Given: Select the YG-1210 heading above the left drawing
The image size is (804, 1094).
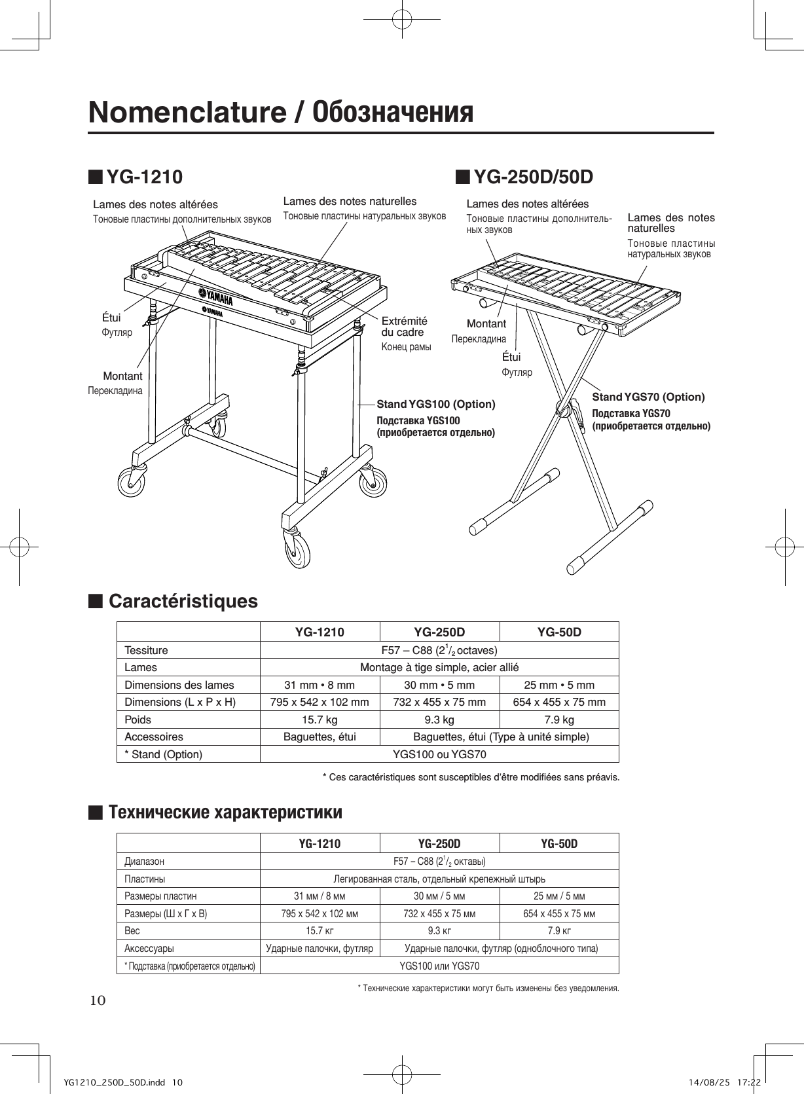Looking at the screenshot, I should (144, 177).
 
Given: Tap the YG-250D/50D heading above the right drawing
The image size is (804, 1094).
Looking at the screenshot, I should (533, 177).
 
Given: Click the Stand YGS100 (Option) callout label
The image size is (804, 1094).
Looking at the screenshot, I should (436, 404).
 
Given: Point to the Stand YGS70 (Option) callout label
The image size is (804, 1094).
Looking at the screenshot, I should (648, 397).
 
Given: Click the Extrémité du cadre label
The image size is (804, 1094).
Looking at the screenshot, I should (404, 326).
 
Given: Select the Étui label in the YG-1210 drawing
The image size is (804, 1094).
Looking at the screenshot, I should (111, 318).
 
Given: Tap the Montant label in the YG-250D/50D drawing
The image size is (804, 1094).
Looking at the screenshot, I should (486, 323).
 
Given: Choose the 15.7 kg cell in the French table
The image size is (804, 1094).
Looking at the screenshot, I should (320, 720).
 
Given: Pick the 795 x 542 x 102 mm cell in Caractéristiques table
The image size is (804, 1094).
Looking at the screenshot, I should (320, 702).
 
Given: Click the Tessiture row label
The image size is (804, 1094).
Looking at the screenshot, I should (146, 650).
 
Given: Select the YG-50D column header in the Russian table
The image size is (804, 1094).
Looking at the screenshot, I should (558, 843).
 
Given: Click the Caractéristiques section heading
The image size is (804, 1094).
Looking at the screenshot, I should (183, 601).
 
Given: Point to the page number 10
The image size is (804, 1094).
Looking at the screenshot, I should (97, 1000).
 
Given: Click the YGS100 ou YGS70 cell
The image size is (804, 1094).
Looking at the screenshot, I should (439, 754).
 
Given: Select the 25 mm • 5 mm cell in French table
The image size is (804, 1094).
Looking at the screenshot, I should (558, 685).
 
